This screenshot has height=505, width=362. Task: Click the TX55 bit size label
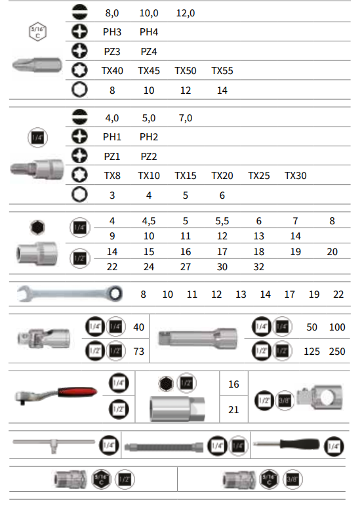coord(222,71)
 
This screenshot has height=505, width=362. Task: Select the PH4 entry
coord(149,32)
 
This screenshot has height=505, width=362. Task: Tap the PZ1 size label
coord(112,157)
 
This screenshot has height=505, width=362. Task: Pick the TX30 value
coord(296,176)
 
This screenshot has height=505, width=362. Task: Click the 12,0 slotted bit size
coord(186,13)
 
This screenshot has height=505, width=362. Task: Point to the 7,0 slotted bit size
coord(186,118)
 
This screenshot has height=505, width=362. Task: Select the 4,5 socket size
coord(149,221)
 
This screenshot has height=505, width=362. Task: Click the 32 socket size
coord(259,267)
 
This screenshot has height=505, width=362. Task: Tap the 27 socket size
coord(186,267)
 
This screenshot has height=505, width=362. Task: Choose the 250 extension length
coord(337,352)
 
